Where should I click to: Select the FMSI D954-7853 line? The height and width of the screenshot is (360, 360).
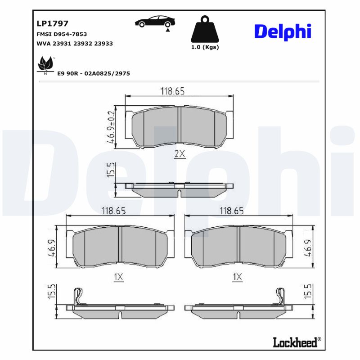point(61,34)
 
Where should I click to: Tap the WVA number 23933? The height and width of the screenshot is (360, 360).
point(104,44)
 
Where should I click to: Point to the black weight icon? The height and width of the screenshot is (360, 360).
point(205,30)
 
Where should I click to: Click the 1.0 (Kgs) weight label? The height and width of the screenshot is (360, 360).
point(205,47)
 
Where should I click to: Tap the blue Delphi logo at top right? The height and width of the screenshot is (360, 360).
point(283,31)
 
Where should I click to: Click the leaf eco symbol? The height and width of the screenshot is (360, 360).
point(45,65)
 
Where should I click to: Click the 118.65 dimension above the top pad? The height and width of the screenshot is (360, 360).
point(173,91)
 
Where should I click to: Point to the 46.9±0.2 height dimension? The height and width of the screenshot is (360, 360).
point(110,127)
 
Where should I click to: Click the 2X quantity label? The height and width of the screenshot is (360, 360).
point(180,154)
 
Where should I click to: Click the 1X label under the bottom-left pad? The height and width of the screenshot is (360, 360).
point(118,278)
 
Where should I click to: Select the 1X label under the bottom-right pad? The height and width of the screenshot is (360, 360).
point(237,278)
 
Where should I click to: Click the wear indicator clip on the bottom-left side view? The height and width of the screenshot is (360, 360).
point(78,297)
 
